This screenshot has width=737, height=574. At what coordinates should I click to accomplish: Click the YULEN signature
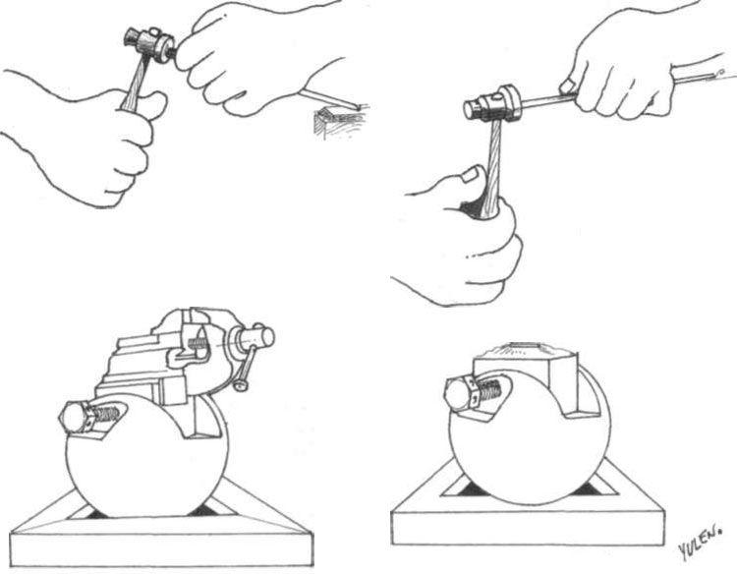pos(699,542)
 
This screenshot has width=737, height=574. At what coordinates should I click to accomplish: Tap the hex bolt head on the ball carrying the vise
pos(76,417)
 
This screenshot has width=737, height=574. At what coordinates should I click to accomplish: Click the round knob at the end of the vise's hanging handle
pos(242,385)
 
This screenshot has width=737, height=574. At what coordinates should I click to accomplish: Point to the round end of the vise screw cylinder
pos(268,335)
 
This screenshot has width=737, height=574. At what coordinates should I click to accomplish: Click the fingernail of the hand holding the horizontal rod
pos(567,86)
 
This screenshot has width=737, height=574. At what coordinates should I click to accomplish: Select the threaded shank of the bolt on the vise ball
pos(107,414)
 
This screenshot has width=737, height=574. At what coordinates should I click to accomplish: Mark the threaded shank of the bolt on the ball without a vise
pos(489,389)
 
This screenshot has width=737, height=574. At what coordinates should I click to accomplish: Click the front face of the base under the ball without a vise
pos(528,528)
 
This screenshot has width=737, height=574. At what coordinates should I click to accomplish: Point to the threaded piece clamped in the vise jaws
pos(198,344)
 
